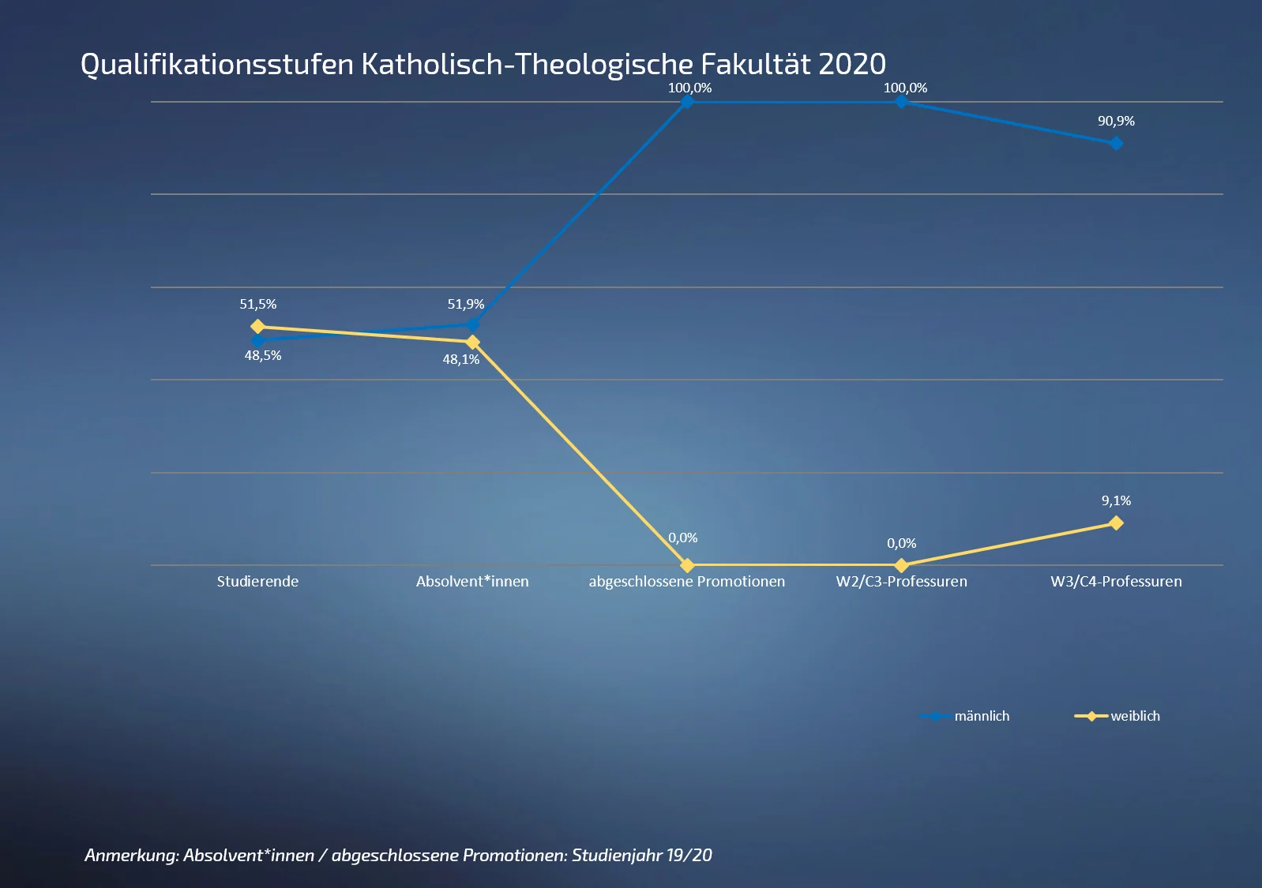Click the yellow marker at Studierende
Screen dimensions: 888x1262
point(257,326)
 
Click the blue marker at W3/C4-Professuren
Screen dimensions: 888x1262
point(1116,144)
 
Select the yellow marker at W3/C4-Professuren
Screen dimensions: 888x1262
point(1116,523)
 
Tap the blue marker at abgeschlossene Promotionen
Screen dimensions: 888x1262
point(687,102)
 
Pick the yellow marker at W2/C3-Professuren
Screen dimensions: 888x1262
point(901,565)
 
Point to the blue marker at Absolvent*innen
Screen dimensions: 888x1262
point(472,324)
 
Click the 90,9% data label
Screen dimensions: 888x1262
point(1116,121)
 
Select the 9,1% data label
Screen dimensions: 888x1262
point(1116,500)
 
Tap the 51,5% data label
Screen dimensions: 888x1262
point(257,304)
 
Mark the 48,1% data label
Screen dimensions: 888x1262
point(460,359)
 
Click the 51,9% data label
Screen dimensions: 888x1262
point(465,304)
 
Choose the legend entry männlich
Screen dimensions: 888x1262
point(981,716)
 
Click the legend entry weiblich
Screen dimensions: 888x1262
point(1135,716)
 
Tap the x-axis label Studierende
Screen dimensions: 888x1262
point(257,582)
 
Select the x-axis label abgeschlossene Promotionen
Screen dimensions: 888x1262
point(686,582)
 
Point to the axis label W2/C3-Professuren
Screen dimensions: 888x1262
point(901,582)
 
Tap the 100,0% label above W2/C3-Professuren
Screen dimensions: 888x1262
point(905,88)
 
